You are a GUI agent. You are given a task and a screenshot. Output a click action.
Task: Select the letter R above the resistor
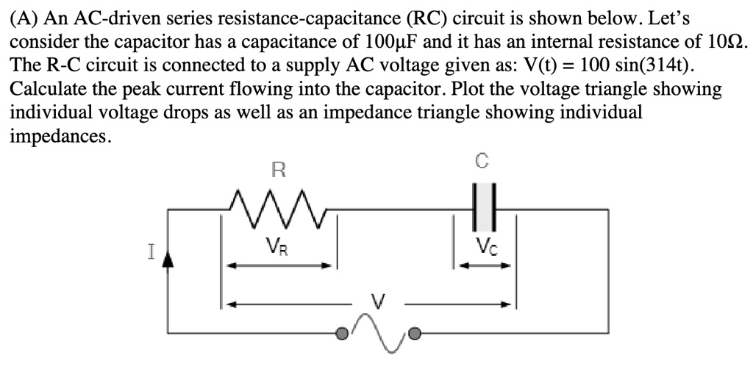coord(278,171)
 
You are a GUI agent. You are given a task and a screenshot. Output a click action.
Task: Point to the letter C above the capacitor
coord(482,160)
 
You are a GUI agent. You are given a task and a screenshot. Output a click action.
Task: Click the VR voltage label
coord(279,247)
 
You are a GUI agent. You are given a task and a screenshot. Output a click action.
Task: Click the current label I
coord(151,252)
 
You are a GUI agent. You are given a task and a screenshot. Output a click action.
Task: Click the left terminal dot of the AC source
coord(340,334)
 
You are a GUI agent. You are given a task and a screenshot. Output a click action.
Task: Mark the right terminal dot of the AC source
coord(415,334)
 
